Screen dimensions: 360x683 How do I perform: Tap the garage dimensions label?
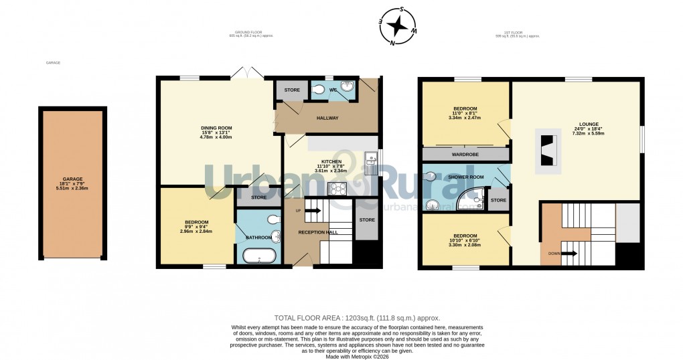click(73, 184)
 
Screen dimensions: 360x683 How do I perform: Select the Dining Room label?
click(216, 132)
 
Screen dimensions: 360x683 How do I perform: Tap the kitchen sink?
click(370, 161)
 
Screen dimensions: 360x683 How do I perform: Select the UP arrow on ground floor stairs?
click(313, 211)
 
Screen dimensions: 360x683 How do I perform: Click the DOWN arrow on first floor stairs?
click(561, 254)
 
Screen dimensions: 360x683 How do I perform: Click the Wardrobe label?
click(465, 155)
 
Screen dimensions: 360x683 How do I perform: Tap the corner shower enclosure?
click(472, 197)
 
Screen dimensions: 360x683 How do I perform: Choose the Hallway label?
click(328, 118)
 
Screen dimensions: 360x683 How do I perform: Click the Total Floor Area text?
click(357, 318)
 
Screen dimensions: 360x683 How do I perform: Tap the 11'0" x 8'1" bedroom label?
click(465, 113)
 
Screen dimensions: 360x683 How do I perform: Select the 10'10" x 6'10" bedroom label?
click(465, 240)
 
